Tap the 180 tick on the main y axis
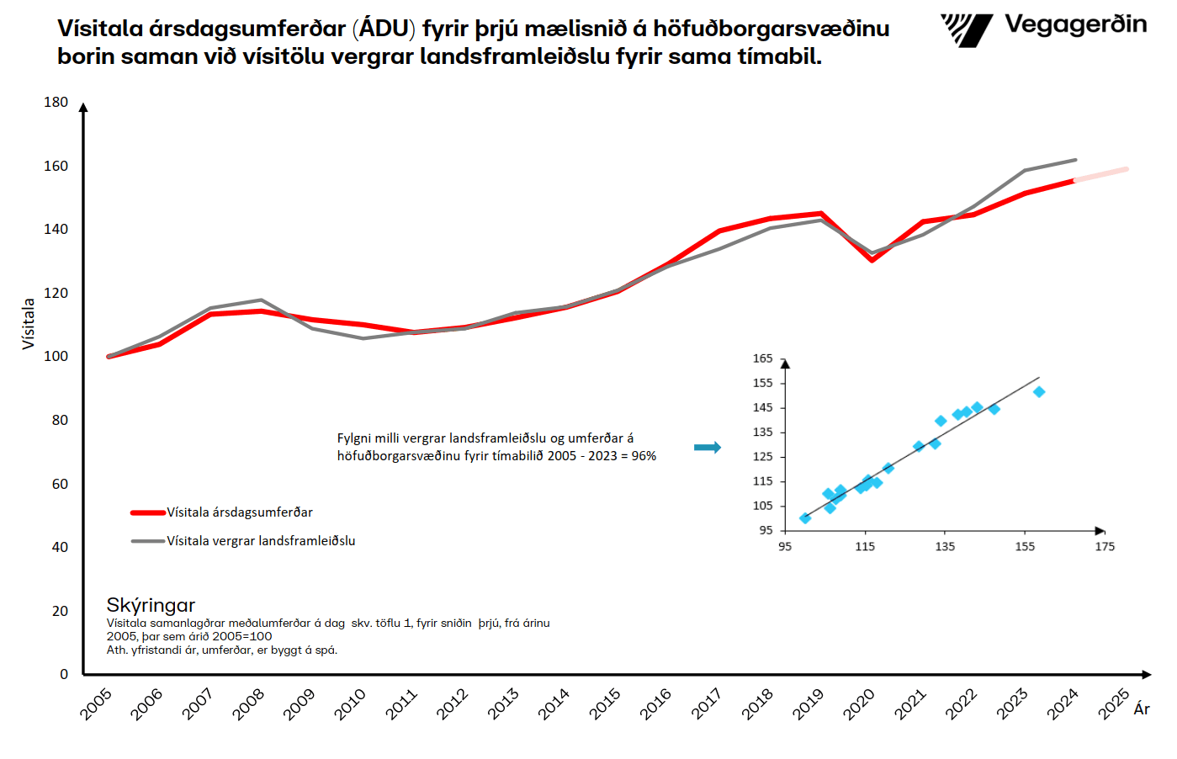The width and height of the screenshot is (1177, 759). [x=56, y=102]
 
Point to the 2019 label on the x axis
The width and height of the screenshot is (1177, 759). [x=808, y=703]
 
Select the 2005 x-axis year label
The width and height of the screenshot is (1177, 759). [x=96, y=703]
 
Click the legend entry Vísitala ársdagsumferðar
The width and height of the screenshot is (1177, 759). [x=239, y=512]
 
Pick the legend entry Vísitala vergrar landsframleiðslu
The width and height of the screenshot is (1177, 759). [x=260, y=541]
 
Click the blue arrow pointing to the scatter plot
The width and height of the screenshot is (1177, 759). [x=707, y=448]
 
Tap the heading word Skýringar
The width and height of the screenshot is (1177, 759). [x=151, y=605]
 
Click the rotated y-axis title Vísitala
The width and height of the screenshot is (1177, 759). [x=29, y=323]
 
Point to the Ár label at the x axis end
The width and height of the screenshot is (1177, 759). [x=1142, y=709]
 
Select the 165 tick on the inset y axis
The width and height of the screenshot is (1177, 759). [x=762, y=358]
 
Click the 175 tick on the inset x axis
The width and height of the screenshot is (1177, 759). [x=1105, y=547]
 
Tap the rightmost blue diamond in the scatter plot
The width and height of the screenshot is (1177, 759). [x=1039, y=392]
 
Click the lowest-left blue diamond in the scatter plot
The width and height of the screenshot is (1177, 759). [x=805, y=518]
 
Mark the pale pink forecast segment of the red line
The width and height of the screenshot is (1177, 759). [x=1101, y=174]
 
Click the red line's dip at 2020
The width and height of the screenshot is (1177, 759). [x=872, y=260]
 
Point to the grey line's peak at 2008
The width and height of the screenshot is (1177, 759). [x=261, y=300]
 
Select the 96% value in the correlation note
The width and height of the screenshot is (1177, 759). [x=644, y=456]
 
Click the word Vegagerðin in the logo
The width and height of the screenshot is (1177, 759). [x=1075, y=24]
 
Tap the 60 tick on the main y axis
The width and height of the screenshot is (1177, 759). [x=60, y=484]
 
